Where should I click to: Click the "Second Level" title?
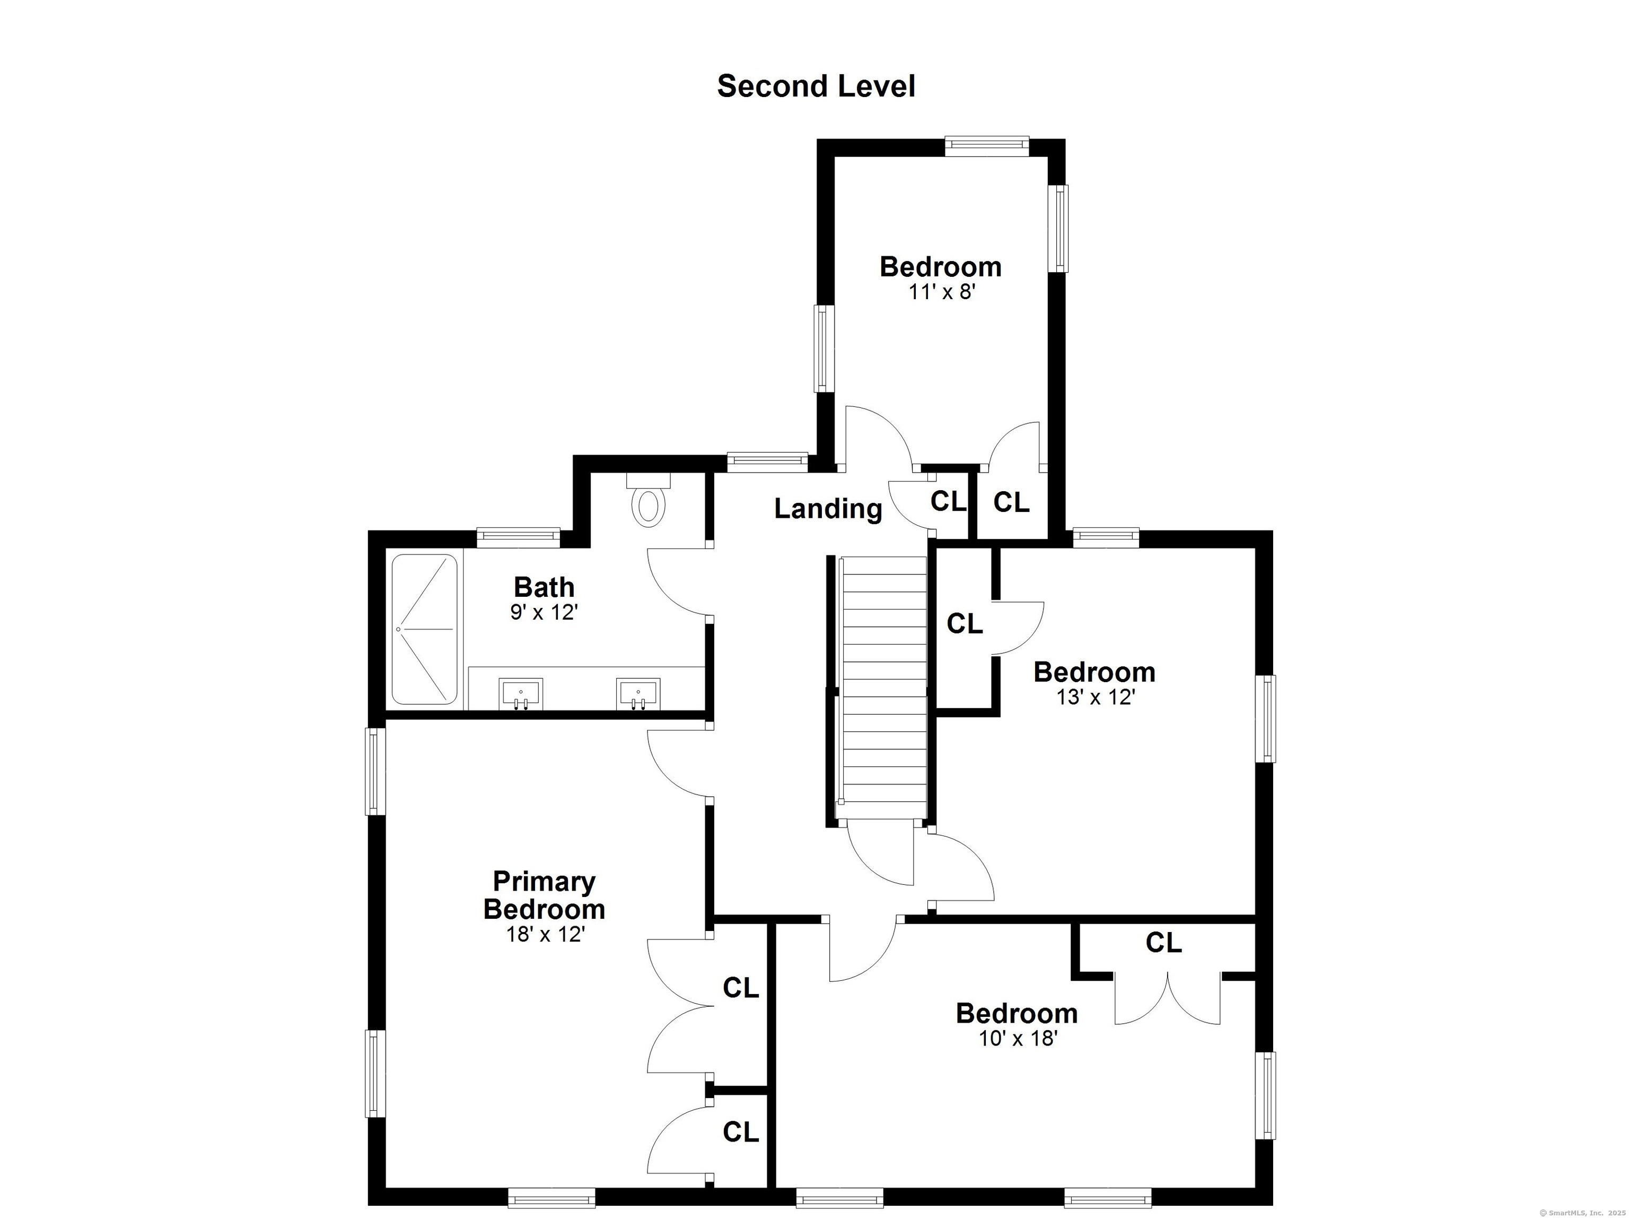(x=816, y=86)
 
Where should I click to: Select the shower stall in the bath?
(x=424, y=629)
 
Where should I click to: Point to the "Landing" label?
(x=828, y=508)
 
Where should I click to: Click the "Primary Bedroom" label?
(x=544, y=895)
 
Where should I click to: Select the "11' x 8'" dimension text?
(x=941, y=292)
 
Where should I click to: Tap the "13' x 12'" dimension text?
(x=1095, y=697)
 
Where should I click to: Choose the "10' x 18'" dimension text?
(x=1018, y=1039)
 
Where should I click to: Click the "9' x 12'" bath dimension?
(x=544, y=612)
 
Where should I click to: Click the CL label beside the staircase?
(x=964, y=624)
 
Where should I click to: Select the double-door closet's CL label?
(x=1163, y=942)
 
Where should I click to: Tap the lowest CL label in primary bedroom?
(x=740, y=1132)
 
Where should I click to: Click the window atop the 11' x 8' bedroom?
(x=986, y=145)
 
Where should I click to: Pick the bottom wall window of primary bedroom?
(x=551, y=1198)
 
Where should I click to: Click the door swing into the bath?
(x=676, y=582)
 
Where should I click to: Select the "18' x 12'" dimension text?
(x=545, y=935)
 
